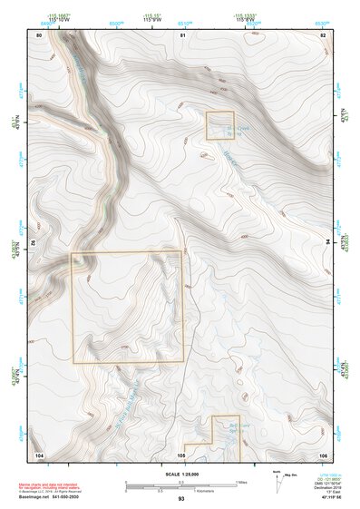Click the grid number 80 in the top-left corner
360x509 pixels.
pyautogui.click(x=39, y=34)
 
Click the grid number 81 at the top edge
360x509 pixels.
pyautogui.click(x=182, y=34)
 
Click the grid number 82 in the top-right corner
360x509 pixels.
pyautogui.click(x=323, y=34)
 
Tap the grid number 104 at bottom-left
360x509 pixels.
pyautogui.click(x=39, y=453)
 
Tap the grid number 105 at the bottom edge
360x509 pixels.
pyautogui.click(x=181, y=453)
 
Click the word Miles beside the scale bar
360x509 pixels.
pyautogui.click(x=242, y=481)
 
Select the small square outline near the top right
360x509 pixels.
pyautogui.click(x=220, y=124)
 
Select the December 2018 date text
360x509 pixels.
pyautogui.click(x=325, y=486)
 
